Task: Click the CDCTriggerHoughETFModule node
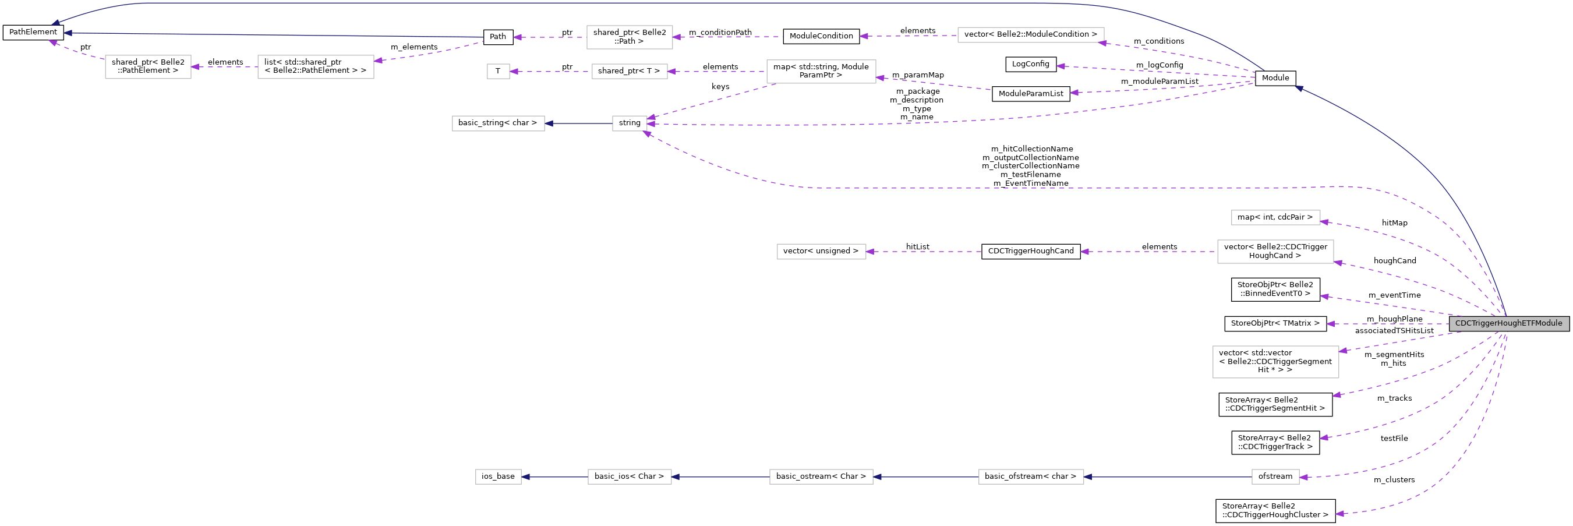click(x=1509, y=323)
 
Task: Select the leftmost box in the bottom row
click(x=499, y=476)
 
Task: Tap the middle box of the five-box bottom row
click(x=821, y=476)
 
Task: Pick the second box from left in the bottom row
click(x=630, y=476)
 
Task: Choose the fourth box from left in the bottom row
click(x=1031, y=476)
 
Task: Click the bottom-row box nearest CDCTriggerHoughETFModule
click(x=1275, y=476)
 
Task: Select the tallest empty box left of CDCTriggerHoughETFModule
click(x=1275, y=362)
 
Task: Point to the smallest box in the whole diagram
click(x=499, y=72)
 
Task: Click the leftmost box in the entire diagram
click(x=148, y=67)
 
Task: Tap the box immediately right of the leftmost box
click(x=316, y=67)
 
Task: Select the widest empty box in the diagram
click(x=1031, y=36)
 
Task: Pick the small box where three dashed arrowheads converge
click(x=630, y=123)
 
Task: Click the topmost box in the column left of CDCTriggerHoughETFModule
click(x=1275, y=217)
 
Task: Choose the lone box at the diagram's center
click(x=821, y=252)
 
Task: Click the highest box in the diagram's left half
click(x=630, y=37)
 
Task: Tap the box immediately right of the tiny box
click(x=630, y=72)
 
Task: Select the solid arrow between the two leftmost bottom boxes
click(x=554, y=477)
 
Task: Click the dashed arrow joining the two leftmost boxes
click(x=224, y=67)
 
